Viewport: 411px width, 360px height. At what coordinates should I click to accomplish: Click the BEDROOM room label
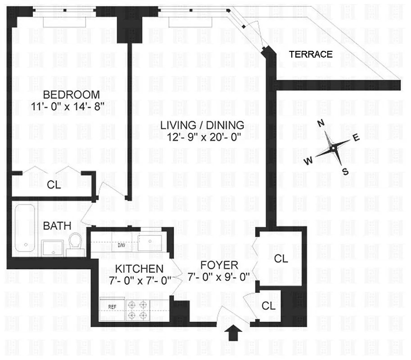[71, 94]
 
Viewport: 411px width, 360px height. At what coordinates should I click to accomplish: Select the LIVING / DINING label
[202, 125]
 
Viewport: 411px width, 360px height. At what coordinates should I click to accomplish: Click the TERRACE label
[311, 54]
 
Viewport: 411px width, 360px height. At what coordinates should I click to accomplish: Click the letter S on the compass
[345, 171]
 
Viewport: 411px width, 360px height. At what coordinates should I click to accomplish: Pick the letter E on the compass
[356, 138]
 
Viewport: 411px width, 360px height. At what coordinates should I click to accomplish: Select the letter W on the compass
[308, 161]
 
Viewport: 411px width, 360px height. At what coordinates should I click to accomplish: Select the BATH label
[57, 225]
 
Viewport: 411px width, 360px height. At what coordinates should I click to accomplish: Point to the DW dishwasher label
[121, 246]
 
